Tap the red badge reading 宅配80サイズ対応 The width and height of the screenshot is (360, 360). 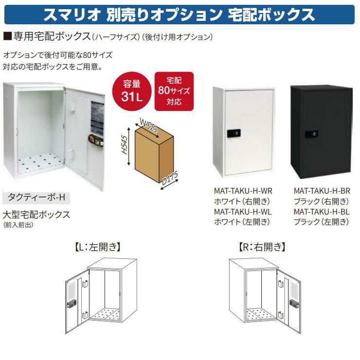[x=174, y=90]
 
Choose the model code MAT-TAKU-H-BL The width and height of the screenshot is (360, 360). [x=322, y=212]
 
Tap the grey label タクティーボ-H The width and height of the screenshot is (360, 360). [x=36, y=198]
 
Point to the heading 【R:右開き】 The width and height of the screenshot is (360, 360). [x=262, y=248]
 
